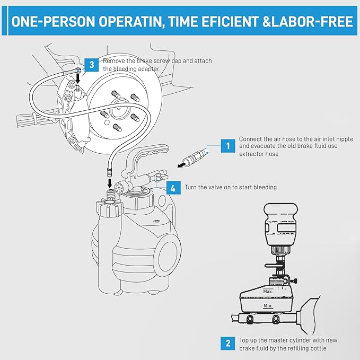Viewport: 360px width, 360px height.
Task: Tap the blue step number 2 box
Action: tap(227, 343)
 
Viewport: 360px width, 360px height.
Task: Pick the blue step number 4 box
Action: tap(173, 188)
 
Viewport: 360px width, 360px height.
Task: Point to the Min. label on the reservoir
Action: tap(268, 306)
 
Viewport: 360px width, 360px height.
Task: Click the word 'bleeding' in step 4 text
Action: tap(264, 188)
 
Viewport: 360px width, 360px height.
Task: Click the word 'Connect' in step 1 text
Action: tap(251, 139)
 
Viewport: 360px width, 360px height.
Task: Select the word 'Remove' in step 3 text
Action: tap(115, 61)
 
